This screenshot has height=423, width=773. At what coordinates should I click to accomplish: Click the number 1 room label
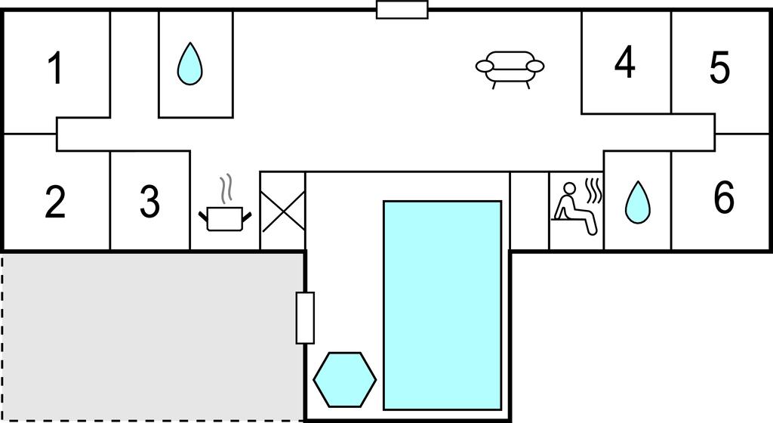click(x=56, y=69)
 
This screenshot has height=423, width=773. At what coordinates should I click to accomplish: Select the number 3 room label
click(x=150, y=201)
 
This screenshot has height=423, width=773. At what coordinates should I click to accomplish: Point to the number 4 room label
click(x=624, y=62)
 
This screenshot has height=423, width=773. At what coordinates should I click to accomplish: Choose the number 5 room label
click(x=719, y=67)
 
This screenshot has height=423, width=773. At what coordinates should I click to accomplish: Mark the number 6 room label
click(x=724, y=196)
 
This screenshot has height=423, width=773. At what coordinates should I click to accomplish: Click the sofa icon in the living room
click(x=510, y=69)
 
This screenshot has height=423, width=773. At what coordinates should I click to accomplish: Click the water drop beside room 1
click(x=189, y=64)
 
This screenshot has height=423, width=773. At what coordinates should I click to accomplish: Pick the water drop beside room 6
click(x=637, y=202)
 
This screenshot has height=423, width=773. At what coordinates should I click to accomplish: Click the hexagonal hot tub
click(x=344, y=380)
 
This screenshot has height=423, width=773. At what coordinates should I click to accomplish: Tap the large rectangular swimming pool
click(x=442, y=305)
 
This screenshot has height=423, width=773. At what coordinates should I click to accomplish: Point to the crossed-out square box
click(x=283, y=211)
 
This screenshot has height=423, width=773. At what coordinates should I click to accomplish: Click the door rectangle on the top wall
click(x=402, y=9)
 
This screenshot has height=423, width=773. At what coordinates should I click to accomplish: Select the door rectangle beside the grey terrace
click(x=305, y=318)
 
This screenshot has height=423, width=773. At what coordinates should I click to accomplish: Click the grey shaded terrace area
click(x=152, y=337)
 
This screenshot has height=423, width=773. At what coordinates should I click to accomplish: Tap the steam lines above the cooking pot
click(x=226, y=188)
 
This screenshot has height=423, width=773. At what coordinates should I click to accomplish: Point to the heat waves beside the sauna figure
click(x=593, y=191)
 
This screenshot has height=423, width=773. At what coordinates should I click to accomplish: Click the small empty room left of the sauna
click(x=529, y=211)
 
